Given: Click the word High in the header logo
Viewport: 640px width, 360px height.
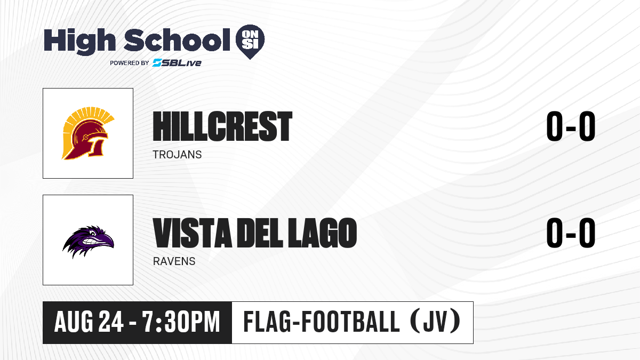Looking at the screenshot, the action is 79,41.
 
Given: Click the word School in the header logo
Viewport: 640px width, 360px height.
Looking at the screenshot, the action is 177,40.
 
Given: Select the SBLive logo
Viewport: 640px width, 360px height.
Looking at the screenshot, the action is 177,62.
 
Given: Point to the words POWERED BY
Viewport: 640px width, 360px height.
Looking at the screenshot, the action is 130,63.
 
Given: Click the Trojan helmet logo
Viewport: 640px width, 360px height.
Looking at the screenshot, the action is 88,133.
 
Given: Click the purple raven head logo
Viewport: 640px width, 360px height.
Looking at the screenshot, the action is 88,242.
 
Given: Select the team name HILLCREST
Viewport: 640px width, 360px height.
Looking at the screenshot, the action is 222,126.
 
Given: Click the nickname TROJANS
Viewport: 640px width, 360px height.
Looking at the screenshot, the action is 177,155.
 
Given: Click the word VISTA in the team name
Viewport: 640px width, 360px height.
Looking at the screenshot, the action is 193,233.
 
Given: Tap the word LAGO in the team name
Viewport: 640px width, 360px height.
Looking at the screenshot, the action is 322,233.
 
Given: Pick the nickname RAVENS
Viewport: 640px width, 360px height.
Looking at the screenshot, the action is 174,261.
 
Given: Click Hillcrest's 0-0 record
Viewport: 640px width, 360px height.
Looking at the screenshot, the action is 571,126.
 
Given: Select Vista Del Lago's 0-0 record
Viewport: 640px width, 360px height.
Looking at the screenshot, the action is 571,233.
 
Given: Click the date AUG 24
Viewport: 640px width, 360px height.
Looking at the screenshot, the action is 89,322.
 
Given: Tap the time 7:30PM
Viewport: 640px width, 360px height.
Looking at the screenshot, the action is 181,322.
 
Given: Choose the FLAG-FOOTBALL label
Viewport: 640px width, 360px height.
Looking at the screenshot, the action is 322,321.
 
